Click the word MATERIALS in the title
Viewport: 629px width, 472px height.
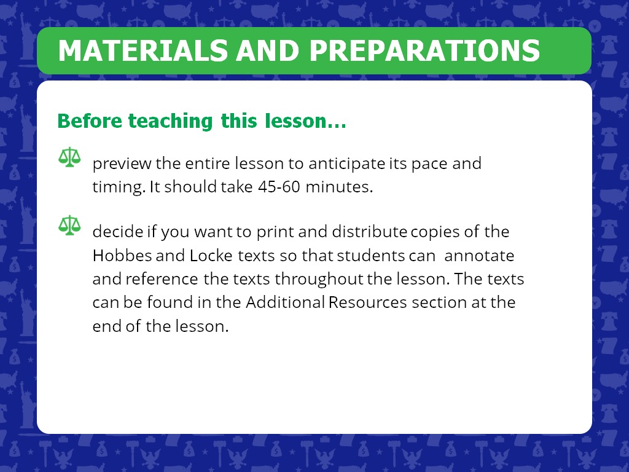coord(143,50)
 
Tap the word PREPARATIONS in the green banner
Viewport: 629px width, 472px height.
coord(425,50)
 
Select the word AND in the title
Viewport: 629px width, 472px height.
coord(268,50)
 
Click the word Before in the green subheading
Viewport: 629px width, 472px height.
coord(90,121)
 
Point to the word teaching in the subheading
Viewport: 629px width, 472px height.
coord(171,121)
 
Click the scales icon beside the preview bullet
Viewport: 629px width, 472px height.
coord(69,157)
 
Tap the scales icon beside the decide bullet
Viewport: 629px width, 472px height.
coord(69,225)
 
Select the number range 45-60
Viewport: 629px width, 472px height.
coord(279,187)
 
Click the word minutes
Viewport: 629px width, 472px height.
coord(339,187)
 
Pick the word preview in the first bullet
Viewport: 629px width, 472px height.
coord(122,163)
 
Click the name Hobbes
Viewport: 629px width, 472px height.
coord(122,255)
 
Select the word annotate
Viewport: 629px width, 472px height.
coord(479,256)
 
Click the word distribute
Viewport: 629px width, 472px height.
coord(369,232)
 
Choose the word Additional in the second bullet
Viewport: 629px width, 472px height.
coord(285,302)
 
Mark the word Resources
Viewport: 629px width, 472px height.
coord(368,302)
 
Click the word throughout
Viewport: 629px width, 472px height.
coord(319,280)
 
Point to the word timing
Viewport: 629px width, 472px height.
coord(119,187)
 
